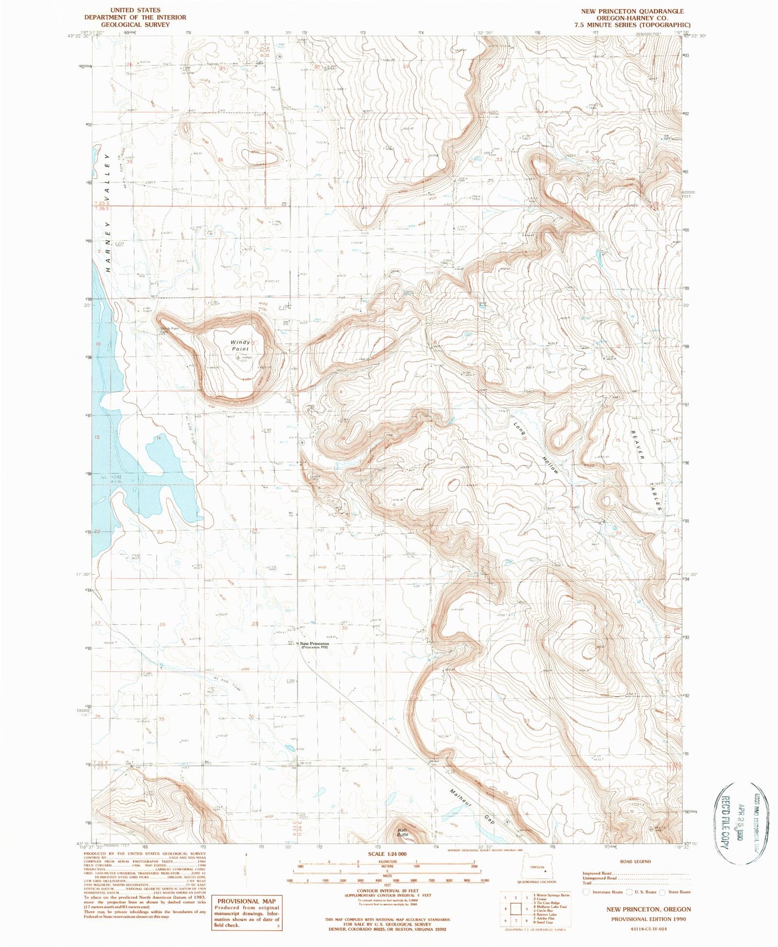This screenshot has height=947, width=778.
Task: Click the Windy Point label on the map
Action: (241, 345)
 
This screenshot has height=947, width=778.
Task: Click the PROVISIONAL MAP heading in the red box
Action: (247, 901)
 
